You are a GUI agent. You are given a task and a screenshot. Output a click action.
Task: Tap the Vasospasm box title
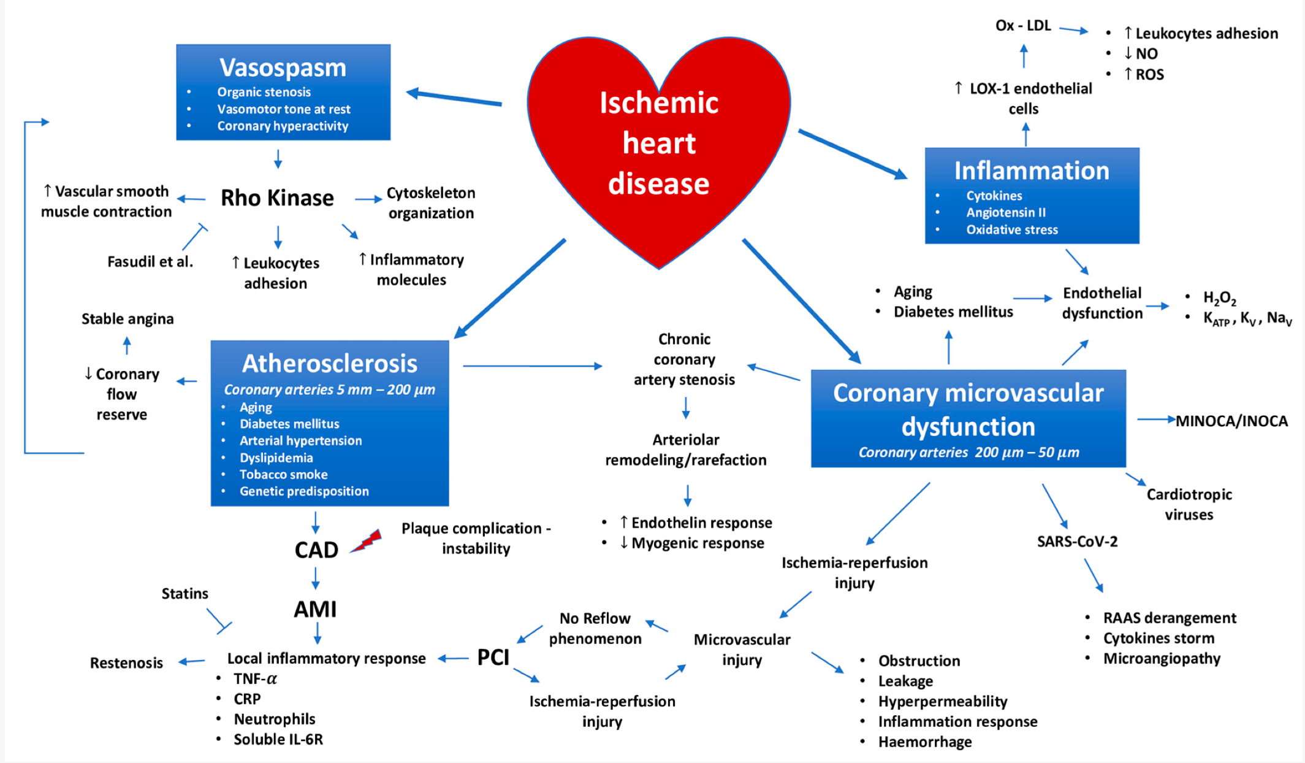283,67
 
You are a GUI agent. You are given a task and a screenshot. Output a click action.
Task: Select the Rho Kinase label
277,198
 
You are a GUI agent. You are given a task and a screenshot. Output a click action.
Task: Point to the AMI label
315,609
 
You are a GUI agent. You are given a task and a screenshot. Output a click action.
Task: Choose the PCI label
493,658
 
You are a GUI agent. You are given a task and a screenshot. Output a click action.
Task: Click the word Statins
185,593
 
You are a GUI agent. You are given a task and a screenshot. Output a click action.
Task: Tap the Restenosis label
126,662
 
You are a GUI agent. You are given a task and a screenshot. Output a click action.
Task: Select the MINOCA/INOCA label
1231,421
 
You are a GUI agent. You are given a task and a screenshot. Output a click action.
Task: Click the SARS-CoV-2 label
1077,541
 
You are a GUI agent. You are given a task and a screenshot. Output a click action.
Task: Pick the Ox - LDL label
1022,26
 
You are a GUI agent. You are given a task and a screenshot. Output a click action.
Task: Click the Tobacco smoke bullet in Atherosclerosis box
283,474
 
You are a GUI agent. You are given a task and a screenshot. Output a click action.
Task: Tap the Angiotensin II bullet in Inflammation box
1006,212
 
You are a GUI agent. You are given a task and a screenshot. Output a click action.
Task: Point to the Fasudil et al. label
150,262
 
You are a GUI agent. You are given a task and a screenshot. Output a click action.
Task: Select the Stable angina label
127,319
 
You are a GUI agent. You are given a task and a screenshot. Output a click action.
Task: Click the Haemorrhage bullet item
924,742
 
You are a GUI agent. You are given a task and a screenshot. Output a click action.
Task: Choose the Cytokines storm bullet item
1159,638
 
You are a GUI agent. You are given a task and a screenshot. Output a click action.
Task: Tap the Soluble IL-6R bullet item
278,739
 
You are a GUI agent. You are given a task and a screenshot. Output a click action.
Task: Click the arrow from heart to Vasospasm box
454,98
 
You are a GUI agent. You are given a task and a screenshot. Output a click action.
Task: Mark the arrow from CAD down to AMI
315,578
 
